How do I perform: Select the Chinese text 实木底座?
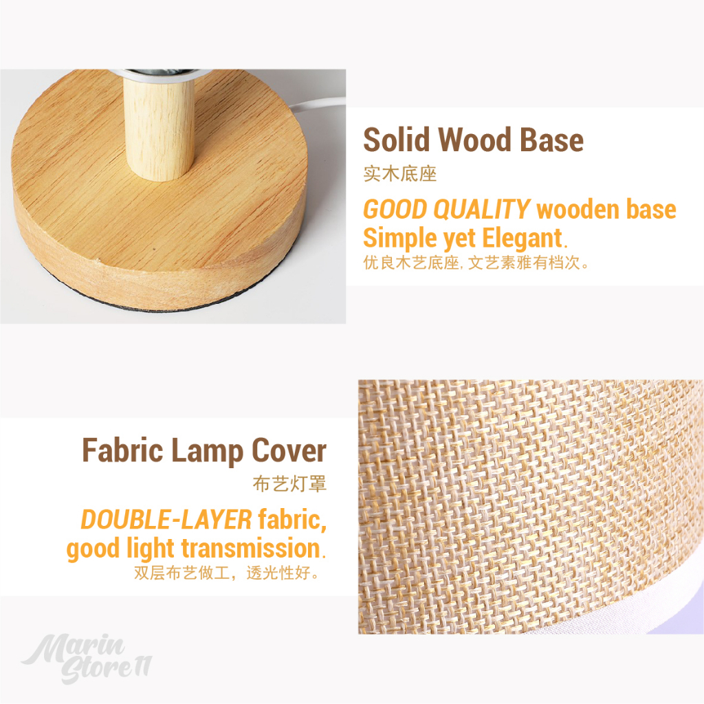[399, 174]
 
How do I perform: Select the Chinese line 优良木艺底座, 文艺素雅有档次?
[476, 263]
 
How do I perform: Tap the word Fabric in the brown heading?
[122, 450]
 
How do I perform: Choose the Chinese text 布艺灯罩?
[289, 483]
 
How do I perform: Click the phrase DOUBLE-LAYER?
[166, 520]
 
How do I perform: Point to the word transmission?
[250, 548]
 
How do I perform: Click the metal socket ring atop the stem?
[159, 74]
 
